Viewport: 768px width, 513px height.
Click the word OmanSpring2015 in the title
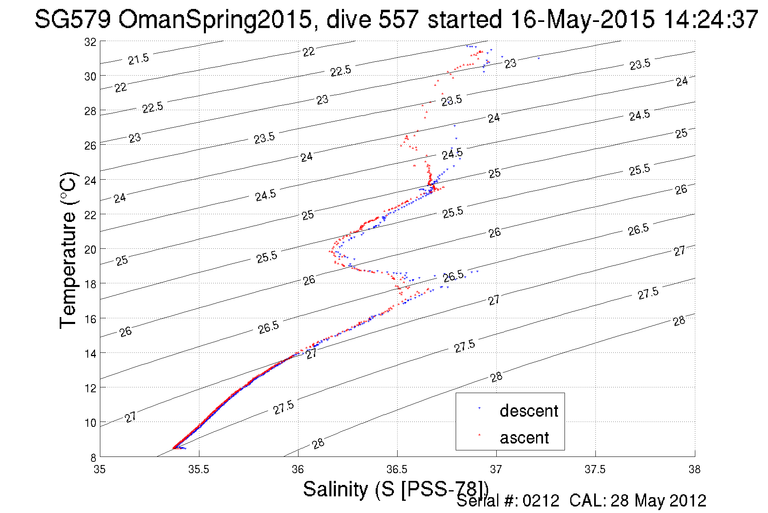pyautogui.click(x=215, y=19)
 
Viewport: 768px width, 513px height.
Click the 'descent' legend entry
pyautogui.click(x=529, y=411)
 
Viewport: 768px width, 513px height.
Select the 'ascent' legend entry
pyautogui.click(x=524, y=438)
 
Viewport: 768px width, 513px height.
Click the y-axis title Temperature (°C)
pyautogui.click(x=68, y=250)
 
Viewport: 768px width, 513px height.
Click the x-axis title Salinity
pyautogui.click(x=335, y=489)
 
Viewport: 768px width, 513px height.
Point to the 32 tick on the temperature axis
pyautogui.click(x=90, y=42)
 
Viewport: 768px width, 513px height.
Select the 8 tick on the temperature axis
pyautogui.click(x=93, y=457)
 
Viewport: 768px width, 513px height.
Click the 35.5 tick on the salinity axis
pyautogui.click(x=199, y=470)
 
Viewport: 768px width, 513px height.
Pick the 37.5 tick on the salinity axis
pyautogui.click(x=595, y=470)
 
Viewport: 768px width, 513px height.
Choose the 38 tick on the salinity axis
pyautogui.click(x=694, y=470)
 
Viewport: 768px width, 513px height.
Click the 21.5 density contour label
pyautogui.click(x=138, y=59)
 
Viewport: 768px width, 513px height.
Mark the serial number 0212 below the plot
pyautogui.click(x=541, y=501)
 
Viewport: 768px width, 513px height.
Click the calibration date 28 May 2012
pyautogui.click(x=658, y=501)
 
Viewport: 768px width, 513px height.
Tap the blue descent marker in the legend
pyautogui.click(x=479, y=408)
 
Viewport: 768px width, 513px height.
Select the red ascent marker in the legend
pyautogui.click(x=479, y=435)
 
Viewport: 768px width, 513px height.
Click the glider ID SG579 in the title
pyautogui.click(x=73, y=19)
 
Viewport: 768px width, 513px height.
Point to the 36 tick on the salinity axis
pyautogui.click(x=298, y=470)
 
